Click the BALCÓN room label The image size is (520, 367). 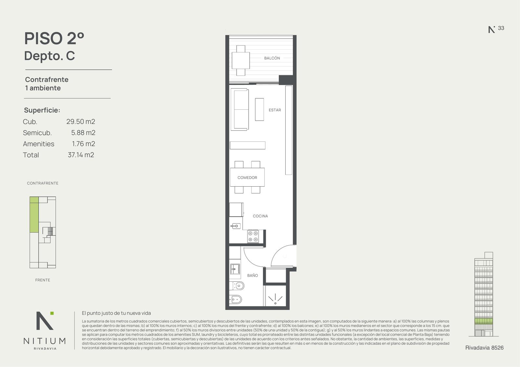(272, 58)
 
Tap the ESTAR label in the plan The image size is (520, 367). (275, 110)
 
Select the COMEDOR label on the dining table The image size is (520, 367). (247, 177)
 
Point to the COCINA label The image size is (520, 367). (260, 216)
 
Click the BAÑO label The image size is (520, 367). (252, 275)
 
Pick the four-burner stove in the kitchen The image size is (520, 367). (253, 236)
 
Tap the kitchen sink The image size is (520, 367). (235, 226)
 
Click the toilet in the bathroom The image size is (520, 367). (237, 286)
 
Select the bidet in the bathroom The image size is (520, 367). (236, 300)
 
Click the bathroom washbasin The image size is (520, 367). (235, 269)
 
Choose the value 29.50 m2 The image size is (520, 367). (81, 121)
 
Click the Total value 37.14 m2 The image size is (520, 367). (81, 155)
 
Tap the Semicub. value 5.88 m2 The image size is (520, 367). (83, 133)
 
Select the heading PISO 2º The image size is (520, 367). (54, 38)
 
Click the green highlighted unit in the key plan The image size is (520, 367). (34, 214)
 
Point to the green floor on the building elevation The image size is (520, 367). (484, 321)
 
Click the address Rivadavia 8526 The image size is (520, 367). (484, 348)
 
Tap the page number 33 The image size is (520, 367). (501, 28)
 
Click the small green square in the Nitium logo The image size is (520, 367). (52, 313)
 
